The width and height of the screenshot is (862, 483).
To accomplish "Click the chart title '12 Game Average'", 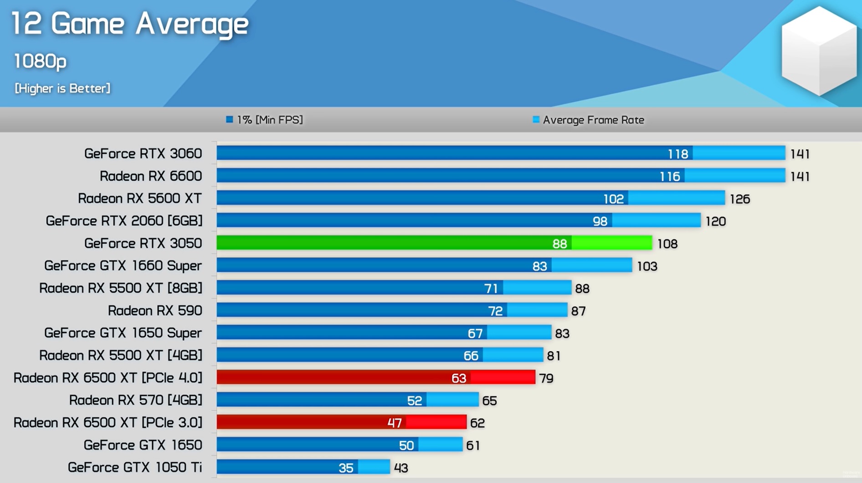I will [x=130, y=24].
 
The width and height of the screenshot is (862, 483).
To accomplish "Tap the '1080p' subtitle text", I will [x=40, y=61].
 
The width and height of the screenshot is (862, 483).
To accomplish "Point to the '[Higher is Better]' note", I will [x=62, y=88].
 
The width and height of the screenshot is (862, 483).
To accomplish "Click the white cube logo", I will [x=819, y=51].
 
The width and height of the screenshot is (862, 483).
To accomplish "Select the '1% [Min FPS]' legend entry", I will [x=265, y=120].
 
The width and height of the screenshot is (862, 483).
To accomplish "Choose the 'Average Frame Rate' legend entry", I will [x=589, y=120].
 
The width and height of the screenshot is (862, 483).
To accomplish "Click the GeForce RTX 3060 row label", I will [x=143, y=154].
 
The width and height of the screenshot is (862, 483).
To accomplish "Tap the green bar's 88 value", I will [x=559, y=244].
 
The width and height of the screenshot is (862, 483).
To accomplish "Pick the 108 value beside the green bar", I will [x=667, y=244].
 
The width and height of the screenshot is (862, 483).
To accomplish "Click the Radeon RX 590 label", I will [x=154, y=311].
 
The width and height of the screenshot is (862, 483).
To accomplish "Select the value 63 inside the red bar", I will [x=458, y=378].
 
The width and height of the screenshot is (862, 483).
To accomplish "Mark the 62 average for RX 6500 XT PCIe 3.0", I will [x=477, y=423].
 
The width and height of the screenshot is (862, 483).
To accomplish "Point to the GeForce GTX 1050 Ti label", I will [x=134, y=467].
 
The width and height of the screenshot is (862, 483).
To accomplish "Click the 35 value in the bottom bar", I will [x=346, y=468].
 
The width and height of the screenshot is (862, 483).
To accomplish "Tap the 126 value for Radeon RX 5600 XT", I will [x=739, y=199].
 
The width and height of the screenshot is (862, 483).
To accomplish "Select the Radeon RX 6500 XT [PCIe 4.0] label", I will [x=108, y=378].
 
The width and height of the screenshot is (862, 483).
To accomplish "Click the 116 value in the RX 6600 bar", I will [x=669, y=177].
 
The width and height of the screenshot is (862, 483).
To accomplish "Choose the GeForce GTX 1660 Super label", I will [x=123, y=266].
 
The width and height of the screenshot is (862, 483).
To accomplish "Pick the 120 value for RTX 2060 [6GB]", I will [x=715, y=222].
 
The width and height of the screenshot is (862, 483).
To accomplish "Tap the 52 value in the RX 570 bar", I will [x=414, y=401].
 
